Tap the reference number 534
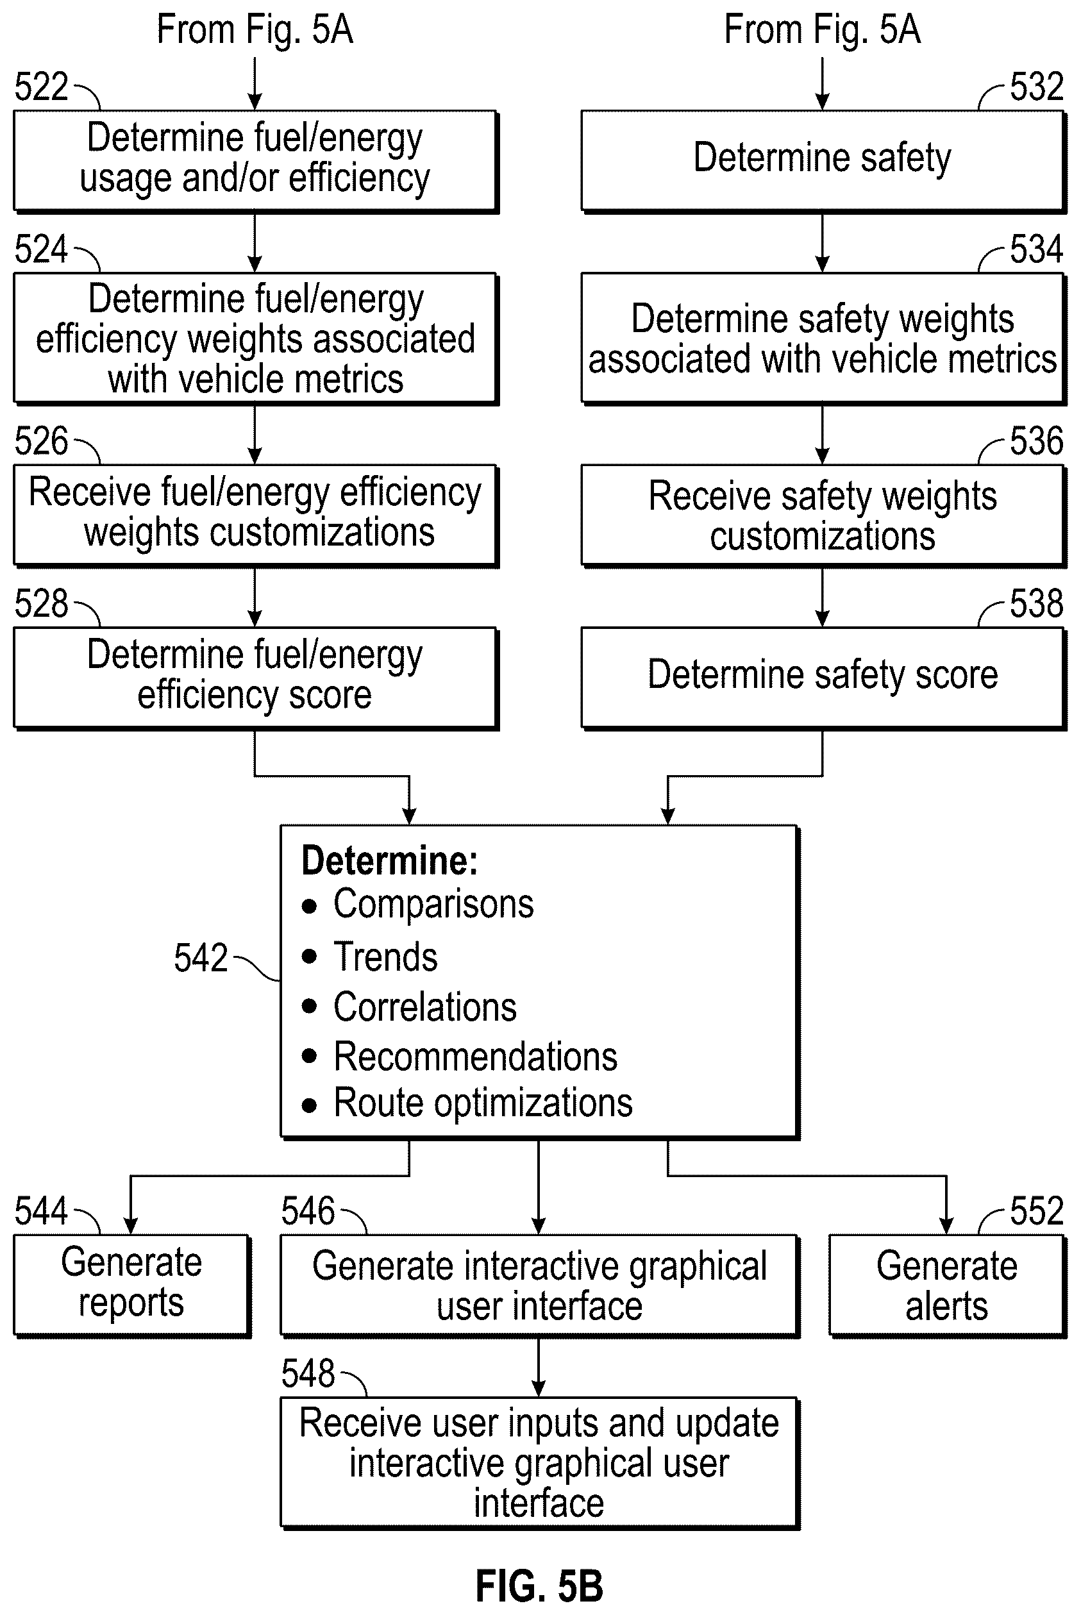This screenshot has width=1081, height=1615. tap(1036, 249)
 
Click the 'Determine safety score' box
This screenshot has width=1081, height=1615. tap(823, 678)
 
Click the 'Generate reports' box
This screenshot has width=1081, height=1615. tap(131, 1285)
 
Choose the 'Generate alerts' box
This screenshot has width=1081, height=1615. tap(947, 1285)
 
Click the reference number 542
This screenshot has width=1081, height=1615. tap(201, 957)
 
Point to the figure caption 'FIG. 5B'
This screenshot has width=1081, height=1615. tap(539, 1586)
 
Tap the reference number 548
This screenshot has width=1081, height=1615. tap(308, 1373)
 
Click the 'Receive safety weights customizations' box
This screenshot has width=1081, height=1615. tap(823, 515)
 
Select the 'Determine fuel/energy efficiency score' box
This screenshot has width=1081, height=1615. tap(256, 678)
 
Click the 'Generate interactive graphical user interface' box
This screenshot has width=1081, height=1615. tap(540, 1285)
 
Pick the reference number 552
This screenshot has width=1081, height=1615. tap(1036, 1211)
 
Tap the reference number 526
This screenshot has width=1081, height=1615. tap(42, 441)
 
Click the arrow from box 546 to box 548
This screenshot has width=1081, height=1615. tap(539, 1368)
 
